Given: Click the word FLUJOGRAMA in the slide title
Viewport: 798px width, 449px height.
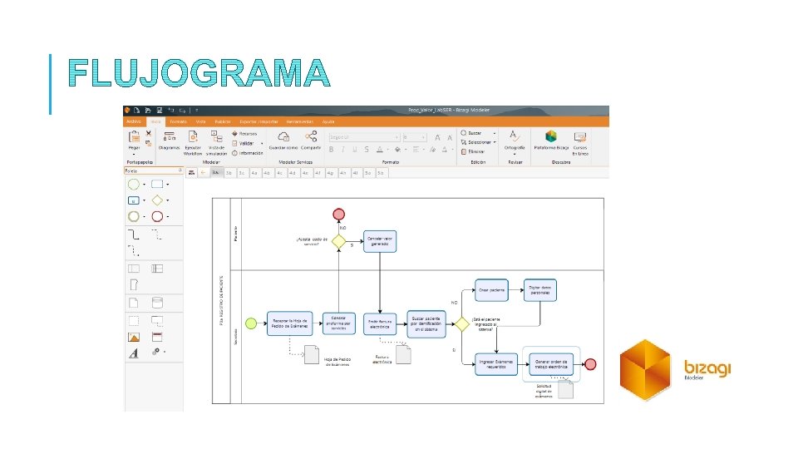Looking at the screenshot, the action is coord(199,73).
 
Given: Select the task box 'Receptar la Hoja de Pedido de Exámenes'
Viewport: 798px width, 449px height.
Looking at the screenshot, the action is coord(289,323).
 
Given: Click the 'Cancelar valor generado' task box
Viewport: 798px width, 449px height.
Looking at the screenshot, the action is coord(380,241).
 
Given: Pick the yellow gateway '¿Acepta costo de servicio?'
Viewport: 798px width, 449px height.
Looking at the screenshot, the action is coord(337,241).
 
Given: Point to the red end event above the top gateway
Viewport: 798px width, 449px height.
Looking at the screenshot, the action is coord(338,214).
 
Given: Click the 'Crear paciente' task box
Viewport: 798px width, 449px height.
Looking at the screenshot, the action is coord(490,290).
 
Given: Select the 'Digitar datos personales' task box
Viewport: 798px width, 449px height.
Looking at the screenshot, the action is coord(539,290).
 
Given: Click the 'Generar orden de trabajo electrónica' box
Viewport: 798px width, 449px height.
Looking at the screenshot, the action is coord(549,364).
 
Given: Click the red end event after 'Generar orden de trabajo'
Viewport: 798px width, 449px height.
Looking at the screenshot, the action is coord(590,364).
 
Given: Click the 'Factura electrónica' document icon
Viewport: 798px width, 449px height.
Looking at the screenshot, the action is coord(403,354).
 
